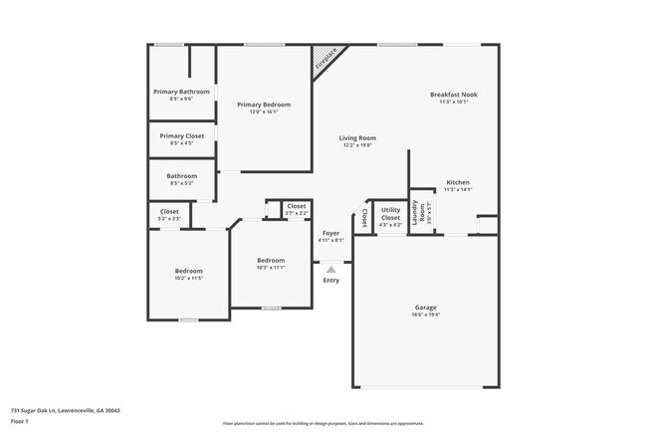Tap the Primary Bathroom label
[x=181, y=92]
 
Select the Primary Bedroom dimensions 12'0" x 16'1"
[x=264, y=111]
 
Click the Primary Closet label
[x=181, y=135]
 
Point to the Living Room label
[x=357, y=138]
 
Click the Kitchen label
[x=458, y=182]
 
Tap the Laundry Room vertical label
[x=422, y=211]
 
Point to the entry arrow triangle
[x=331, y=269]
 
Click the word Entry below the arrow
[x=331, y=280]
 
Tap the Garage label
[x=426, y=307]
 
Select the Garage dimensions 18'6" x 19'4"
[x=426, y=315]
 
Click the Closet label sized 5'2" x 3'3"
[x=169, y=211]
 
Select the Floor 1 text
[x=21, y=422]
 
